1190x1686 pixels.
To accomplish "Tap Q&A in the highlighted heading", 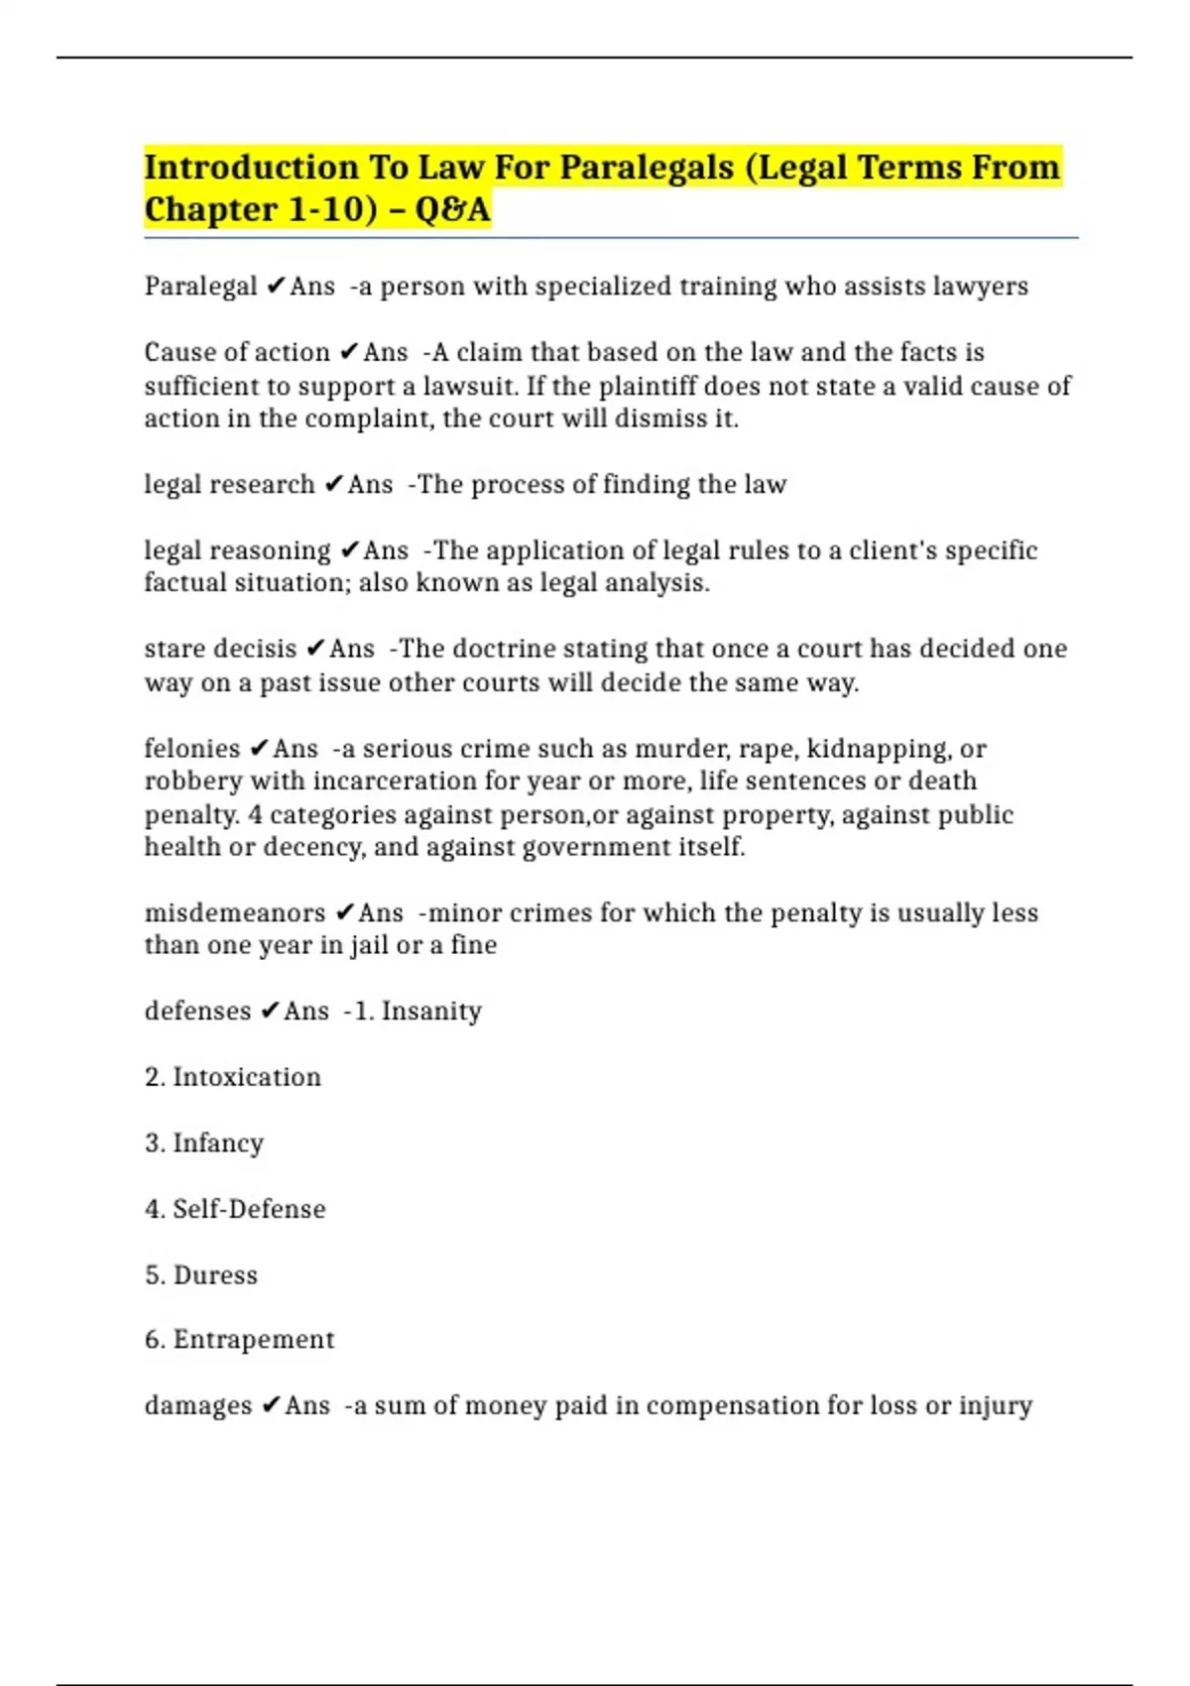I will click(452, 210).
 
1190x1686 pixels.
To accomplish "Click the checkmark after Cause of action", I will click(348, 352).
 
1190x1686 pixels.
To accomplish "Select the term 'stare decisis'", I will click(220, 649).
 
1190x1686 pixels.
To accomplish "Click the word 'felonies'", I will click(192, 749).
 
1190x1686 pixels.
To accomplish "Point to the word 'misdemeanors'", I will click(235, 912).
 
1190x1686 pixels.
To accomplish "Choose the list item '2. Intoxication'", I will click(233, 1077).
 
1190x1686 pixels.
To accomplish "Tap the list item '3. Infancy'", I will click(204, 1144).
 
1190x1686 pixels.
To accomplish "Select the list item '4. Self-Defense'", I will click(235, 1209).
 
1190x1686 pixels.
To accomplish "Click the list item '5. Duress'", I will click(201, 1275).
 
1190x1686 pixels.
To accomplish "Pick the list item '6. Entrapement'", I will click(240, 1340).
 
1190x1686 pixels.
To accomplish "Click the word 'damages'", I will click(198, 1406).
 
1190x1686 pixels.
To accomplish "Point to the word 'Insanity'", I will click(431, 1012).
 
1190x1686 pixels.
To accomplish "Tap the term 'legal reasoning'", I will click(238, 550).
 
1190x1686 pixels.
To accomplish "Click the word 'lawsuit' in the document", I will click(468, 386).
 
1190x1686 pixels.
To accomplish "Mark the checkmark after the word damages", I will click(271, 1406).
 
